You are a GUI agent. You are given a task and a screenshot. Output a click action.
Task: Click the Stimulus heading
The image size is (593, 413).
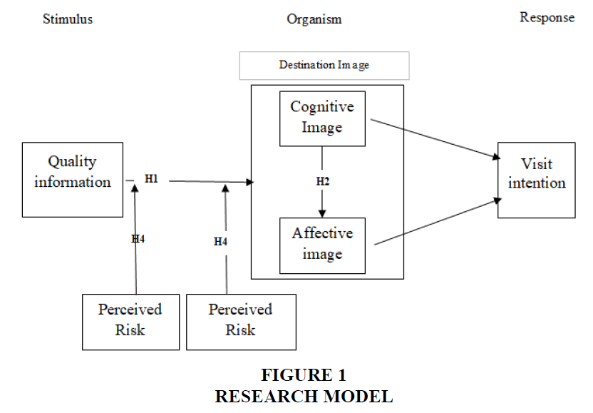[x=68, y=19]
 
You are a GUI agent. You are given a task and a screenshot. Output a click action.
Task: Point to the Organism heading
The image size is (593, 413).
[x=314, y=19]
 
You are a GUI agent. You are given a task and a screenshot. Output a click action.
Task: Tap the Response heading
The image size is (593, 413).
[x=547, y=18]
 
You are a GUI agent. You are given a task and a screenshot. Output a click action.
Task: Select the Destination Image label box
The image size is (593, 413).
[x=324, y=66]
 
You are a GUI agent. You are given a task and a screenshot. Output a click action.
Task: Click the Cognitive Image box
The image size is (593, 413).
[x=322, y=118]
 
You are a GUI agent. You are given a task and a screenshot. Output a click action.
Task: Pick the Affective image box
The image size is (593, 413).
[x=322, y=245]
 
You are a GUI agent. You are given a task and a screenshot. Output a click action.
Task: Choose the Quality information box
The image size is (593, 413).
[x=73, y=180]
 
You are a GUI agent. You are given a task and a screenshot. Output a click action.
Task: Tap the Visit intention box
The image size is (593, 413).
[x=536, y=180]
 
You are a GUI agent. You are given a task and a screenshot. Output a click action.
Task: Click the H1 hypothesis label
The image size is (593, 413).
[x=151, y=179]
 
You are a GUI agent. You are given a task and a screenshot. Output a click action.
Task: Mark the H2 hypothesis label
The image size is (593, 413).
[x=323, y=181]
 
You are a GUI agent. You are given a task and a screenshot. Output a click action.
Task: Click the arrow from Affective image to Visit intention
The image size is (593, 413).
[x=435, y=223]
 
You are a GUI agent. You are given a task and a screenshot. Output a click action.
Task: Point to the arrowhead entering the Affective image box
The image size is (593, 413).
[x=322, y=213]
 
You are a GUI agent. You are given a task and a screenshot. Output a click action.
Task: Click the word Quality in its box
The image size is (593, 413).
[x=72, y=162]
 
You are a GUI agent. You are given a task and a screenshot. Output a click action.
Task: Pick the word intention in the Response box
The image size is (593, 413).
[x=537, y=183]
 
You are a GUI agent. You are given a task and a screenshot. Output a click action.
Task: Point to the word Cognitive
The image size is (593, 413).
[x=322, y=107]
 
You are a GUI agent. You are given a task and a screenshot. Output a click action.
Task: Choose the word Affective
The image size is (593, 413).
[x=322, y=233]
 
